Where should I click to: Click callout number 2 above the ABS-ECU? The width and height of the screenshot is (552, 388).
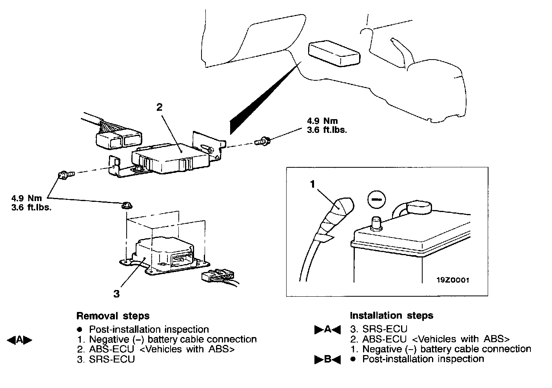(159, 107)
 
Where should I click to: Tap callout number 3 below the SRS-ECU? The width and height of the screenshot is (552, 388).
(116, 293)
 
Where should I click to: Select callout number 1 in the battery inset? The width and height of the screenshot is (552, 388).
(313, 184)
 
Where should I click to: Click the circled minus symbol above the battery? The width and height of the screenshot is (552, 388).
(376, 200)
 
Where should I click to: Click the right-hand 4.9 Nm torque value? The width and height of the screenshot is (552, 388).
(322, 121)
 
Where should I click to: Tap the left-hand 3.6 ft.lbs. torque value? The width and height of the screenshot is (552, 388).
(32, 208)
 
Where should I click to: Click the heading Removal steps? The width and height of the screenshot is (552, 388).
(113, 315)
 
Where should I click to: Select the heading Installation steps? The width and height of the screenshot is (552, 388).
(391, 315)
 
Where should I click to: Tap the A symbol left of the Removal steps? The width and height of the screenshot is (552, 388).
(19, 340)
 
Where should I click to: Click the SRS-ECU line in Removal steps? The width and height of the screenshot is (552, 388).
(106, 359)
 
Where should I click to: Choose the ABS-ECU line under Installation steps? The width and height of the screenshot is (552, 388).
(430, 339)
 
